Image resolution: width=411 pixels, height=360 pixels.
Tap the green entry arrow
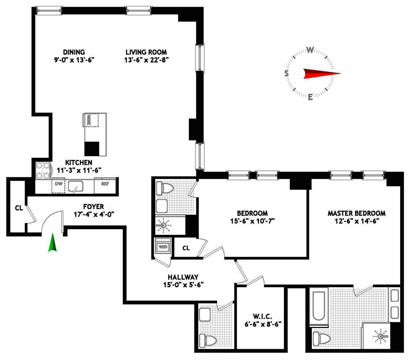click(x=52, y=243)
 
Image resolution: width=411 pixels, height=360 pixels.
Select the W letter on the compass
click(x=310, y=50)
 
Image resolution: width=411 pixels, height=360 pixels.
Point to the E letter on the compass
click(x=310, y=97)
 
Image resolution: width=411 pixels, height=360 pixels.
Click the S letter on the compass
click(x=287, y=73)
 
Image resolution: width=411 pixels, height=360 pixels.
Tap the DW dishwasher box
click(x=58, y=185)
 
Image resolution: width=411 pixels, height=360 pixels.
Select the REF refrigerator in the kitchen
click(x=105, y=185)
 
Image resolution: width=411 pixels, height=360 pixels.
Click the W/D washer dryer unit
click(x=163, y=246)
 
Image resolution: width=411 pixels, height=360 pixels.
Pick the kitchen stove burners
click(x=43, y=170)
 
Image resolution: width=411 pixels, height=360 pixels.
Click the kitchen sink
click(x=75, y=186)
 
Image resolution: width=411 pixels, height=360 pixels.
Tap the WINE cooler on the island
click(x=91, y=120)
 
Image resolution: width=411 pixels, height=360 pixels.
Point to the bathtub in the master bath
click(x=319, y=306)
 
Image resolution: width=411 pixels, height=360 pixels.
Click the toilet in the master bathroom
click(x=322, y=338)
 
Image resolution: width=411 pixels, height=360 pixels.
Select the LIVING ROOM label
click(x=146, y=52)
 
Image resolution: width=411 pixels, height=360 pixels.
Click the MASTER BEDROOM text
click(x=356, y=213)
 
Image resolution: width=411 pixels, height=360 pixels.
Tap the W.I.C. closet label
click(x=262, y=317)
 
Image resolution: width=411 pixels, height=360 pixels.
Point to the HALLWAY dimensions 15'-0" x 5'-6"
click(x=184, y=285)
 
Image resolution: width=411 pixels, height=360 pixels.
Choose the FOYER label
click(x=94, y=207)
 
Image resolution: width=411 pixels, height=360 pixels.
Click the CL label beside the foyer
click(x=19, y=208)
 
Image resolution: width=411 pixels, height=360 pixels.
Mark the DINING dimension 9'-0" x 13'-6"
click(x=74, y=60)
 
